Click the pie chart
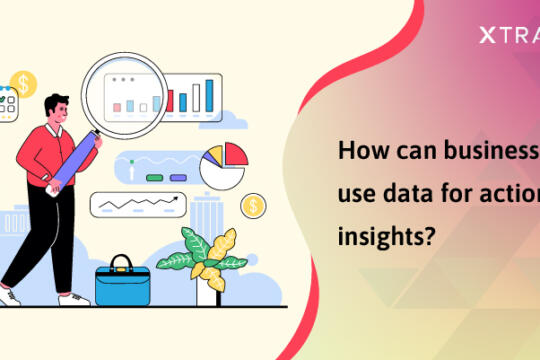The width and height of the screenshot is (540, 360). click(222, 166)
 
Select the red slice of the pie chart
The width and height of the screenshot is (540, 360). click(235, 155)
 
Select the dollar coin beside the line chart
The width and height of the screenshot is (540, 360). click(254, 207)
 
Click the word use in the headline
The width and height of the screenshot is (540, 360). click(356, 197)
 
